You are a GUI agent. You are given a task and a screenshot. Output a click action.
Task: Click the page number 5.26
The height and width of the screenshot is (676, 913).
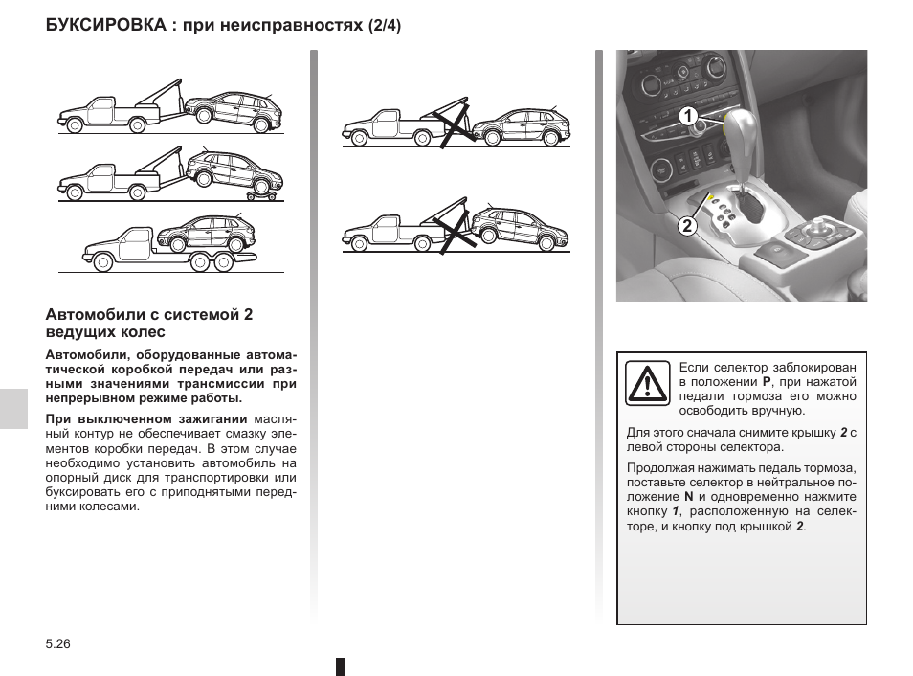(58, 645)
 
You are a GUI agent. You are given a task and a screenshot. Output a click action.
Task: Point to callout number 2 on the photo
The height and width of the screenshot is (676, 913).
(686, 226)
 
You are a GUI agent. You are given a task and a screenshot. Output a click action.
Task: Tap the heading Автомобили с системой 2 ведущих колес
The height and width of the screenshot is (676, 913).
(149, 323)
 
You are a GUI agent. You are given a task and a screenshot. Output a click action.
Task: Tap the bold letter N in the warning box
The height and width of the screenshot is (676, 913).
(688, 497)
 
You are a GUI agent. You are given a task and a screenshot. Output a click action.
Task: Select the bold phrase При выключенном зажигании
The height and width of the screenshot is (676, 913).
(146, 419)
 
